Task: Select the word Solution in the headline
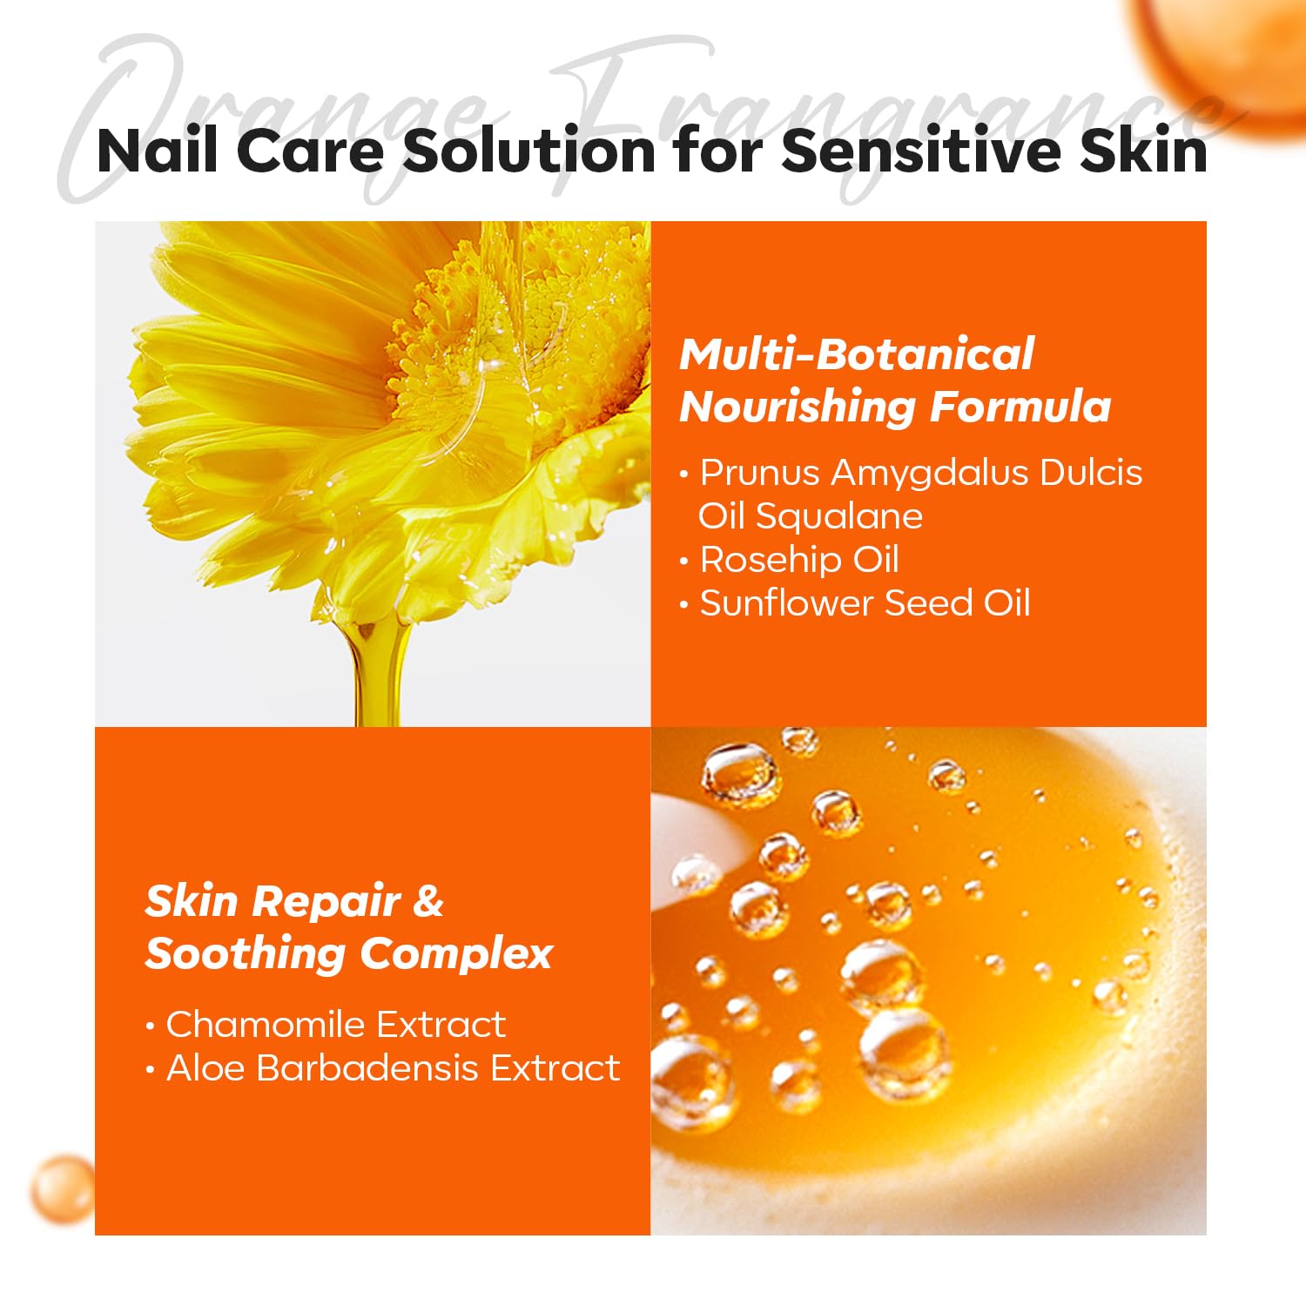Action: pyautogui.click(x=528, y=151)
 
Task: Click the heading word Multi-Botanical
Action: pyautogui.click(x=857, y=354)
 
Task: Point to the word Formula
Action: pyautogui.click(x=1020, y=407)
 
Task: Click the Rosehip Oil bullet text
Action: pyautogui.click(x=799, y=561)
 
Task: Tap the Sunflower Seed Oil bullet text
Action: pyautogui.click(x=865, y=603)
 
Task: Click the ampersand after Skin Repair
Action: pyautogui.click(x=427, y=900)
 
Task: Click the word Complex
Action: pyautogui.click(x=455, y=954)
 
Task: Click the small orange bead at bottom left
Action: pyautogui.click(x=63, y=1188)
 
